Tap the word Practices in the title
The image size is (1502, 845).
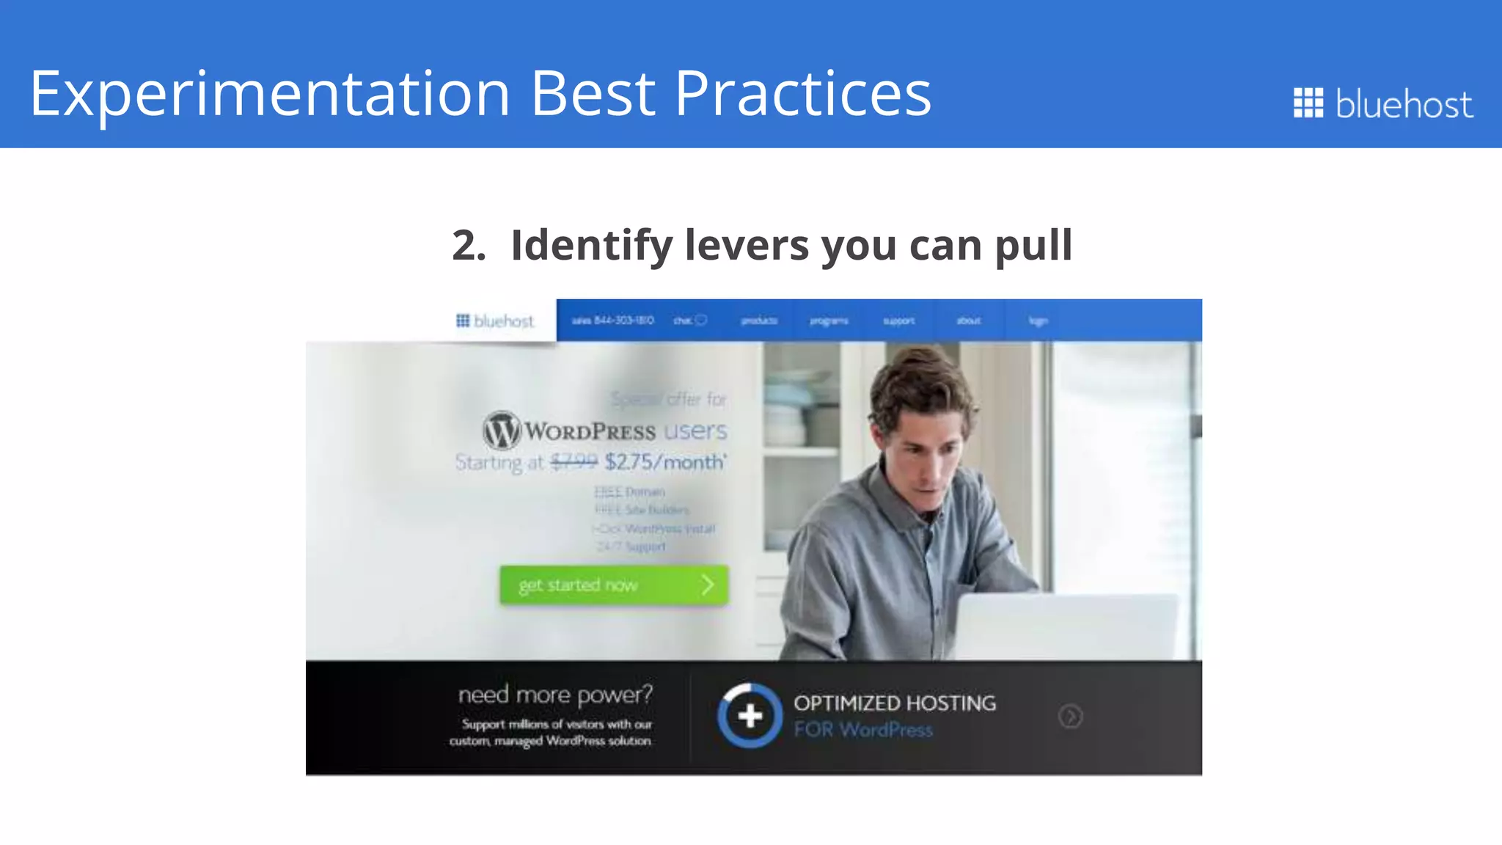pyautogui.click(x=802, y=94)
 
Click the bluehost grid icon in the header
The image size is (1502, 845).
pyautogui.click(x=1308, y=103)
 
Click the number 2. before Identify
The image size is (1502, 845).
pyautogui.click(x=469, y=245)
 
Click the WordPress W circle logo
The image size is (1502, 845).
pyautogui.click(x=502, y=430)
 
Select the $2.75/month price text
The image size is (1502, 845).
pyautogui.click(x=664, y=462)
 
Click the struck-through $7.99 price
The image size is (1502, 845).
pyautogui.click(x=574, y=461)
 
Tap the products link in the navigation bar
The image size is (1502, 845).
pyautogui.click(x=758, y=321)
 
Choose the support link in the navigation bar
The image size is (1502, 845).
pyautogui.click(x=898, y=321)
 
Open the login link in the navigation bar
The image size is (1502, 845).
pyautogui.click(x=1038, y=321)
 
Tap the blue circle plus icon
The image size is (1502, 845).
pyautogui.click(x=750, y=715)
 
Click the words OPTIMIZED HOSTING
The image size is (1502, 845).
pyautogui.click(x=894, y=703)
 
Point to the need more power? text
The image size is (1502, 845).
pyautogui.click(x=554, y=694)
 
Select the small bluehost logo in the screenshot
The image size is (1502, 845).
pyautogui.click(x=495, y=321)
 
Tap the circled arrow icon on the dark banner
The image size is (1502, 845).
pyautogui.click(x=1070, y=716)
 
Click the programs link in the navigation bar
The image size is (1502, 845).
pyautogui.click(x=829, y=321)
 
